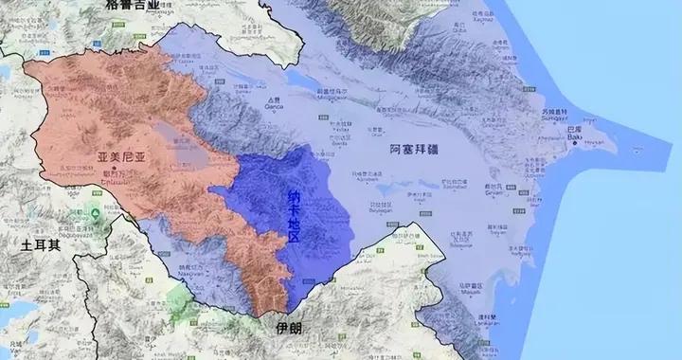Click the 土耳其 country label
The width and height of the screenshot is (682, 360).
point(40,243)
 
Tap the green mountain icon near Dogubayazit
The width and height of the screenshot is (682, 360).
point(96,208)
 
